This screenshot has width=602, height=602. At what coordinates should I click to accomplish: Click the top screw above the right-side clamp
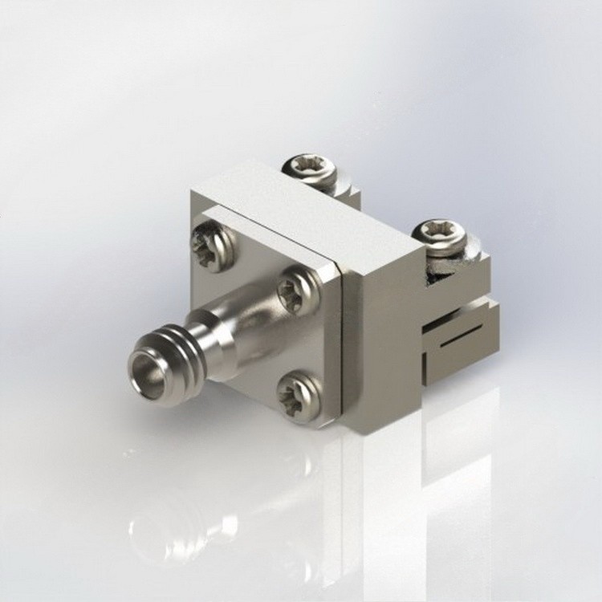[x=440, y=234]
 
